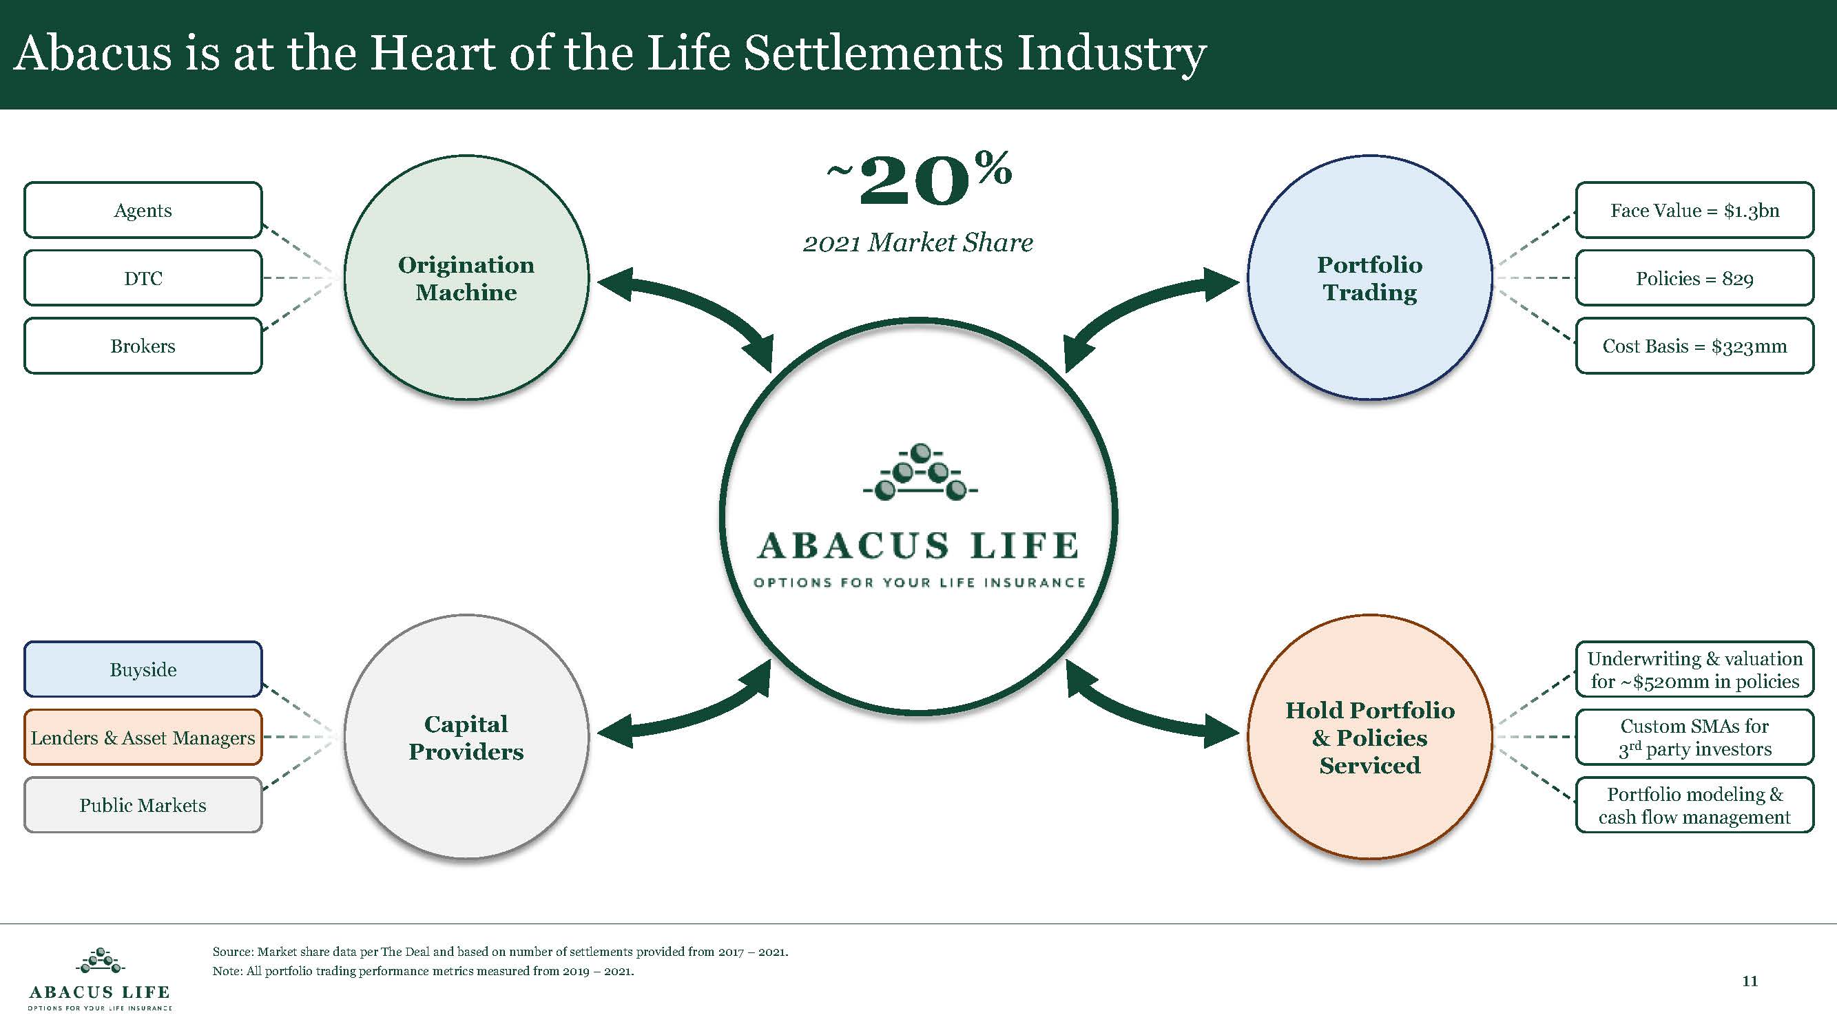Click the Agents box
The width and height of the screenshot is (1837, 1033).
tap(143, 209)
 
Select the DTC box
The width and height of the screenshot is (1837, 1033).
tap(143, 278)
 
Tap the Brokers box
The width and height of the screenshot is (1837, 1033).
tap(143, 346)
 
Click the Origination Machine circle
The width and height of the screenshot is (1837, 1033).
tap(466, 278)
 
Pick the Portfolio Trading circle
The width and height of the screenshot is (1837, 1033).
tap(1369, 278)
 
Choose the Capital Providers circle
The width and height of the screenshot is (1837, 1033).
tap(466, 737)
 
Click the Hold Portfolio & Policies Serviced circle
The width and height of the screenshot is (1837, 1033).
tap(1369, 737)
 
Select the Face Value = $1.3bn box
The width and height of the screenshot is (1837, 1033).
tap(1694, 209)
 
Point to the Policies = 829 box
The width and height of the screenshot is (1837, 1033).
tap(1694, 278)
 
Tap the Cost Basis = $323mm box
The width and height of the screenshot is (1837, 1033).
tap(1694, 346)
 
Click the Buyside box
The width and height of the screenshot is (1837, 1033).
tap(143, 669)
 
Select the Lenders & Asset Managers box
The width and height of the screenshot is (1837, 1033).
tap(143, 737)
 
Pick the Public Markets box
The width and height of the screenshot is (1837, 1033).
tap(143, 805)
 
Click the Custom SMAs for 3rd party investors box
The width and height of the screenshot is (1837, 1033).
tap(1694, 737)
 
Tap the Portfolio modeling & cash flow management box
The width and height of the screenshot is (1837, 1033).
tap(1694, 805)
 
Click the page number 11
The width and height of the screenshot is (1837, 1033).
tap(1750, 981)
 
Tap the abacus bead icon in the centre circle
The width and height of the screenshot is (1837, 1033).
tap(920, 472)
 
